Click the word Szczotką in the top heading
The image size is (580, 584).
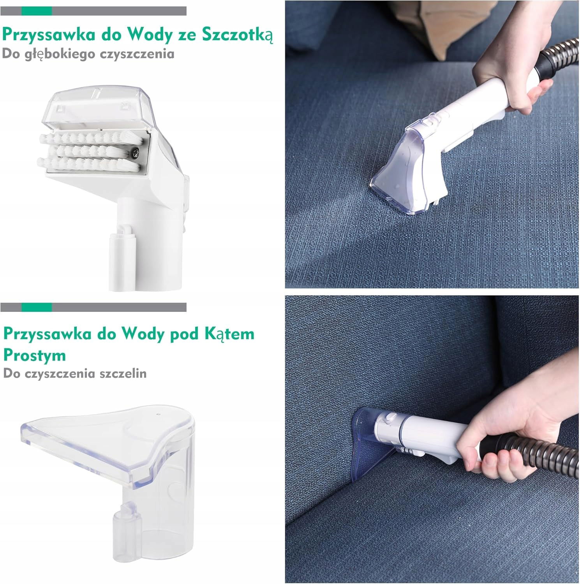237,35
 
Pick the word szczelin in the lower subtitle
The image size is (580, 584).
123,373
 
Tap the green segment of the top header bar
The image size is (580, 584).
37,11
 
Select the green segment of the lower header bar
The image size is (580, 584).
37,307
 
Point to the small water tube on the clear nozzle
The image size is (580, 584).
126,524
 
